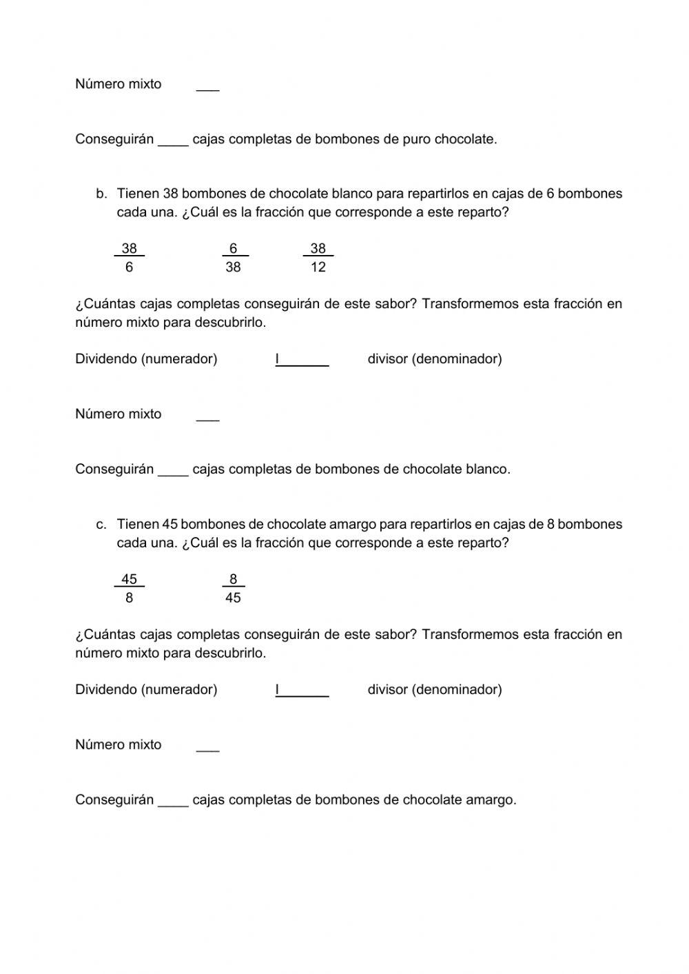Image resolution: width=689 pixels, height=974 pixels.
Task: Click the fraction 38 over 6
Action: (x=129, y=257)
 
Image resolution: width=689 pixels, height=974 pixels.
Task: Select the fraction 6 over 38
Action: (x=233, y=257)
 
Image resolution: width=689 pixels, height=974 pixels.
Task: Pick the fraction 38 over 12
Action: (x=318, y=257)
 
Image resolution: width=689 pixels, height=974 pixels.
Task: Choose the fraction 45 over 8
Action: (x=129, y=588)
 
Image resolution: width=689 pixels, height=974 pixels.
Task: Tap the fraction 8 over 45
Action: (x=233, y=588)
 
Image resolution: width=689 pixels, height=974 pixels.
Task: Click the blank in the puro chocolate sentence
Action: (x=173, y=141)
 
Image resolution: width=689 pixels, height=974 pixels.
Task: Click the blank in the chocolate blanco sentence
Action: (x=173, y=471)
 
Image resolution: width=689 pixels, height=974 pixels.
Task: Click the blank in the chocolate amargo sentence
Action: (x=173, y=802)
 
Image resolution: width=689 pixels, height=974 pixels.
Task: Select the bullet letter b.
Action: (x=101, y=194)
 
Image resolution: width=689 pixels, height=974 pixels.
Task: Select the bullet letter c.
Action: (x=101, y=525)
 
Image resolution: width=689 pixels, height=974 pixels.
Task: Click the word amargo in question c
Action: (x=353, y=525)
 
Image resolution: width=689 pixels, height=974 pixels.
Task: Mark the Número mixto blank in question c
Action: (x=207, y=747)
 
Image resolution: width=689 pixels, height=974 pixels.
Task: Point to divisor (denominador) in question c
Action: (x=434, y=689)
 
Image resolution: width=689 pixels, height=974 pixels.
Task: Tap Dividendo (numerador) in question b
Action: (x=146, y=358)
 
